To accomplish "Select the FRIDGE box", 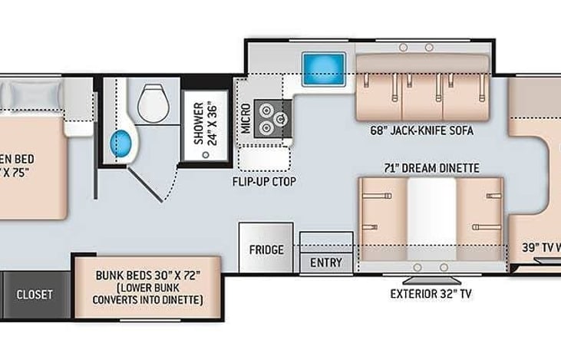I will pyautogui.click(x=266, y=249).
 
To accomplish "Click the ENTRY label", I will pyautogui.click(x=326, y=263).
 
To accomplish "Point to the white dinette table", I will pyautogui.click(x=431, y=219).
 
